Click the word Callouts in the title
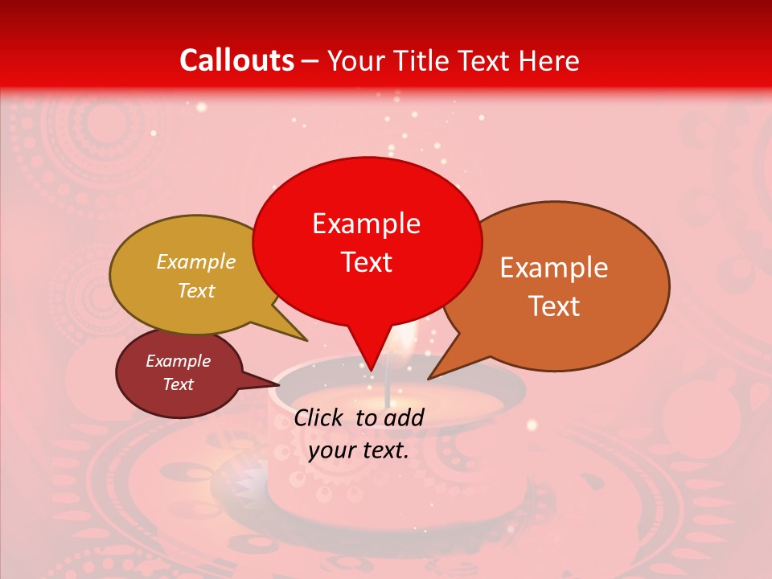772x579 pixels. pos(236,60)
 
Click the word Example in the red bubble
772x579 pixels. pos(366,224)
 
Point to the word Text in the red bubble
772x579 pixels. pos(367,262)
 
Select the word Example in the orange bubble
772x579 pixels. pos(554,268)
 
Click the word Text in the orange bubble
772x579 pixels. pos(555,306)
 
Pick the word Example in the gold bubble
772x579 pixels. pos(196,262)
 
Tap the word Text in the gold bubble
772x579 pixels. pos(196,290)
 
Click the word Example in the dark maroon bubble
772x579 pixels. pos(178,361)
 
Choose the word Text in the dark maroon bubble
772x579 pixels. pos(179,384)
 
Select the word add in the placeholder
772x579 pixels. pos(405,417)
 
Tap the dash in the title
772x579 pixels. pos(311,61)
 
